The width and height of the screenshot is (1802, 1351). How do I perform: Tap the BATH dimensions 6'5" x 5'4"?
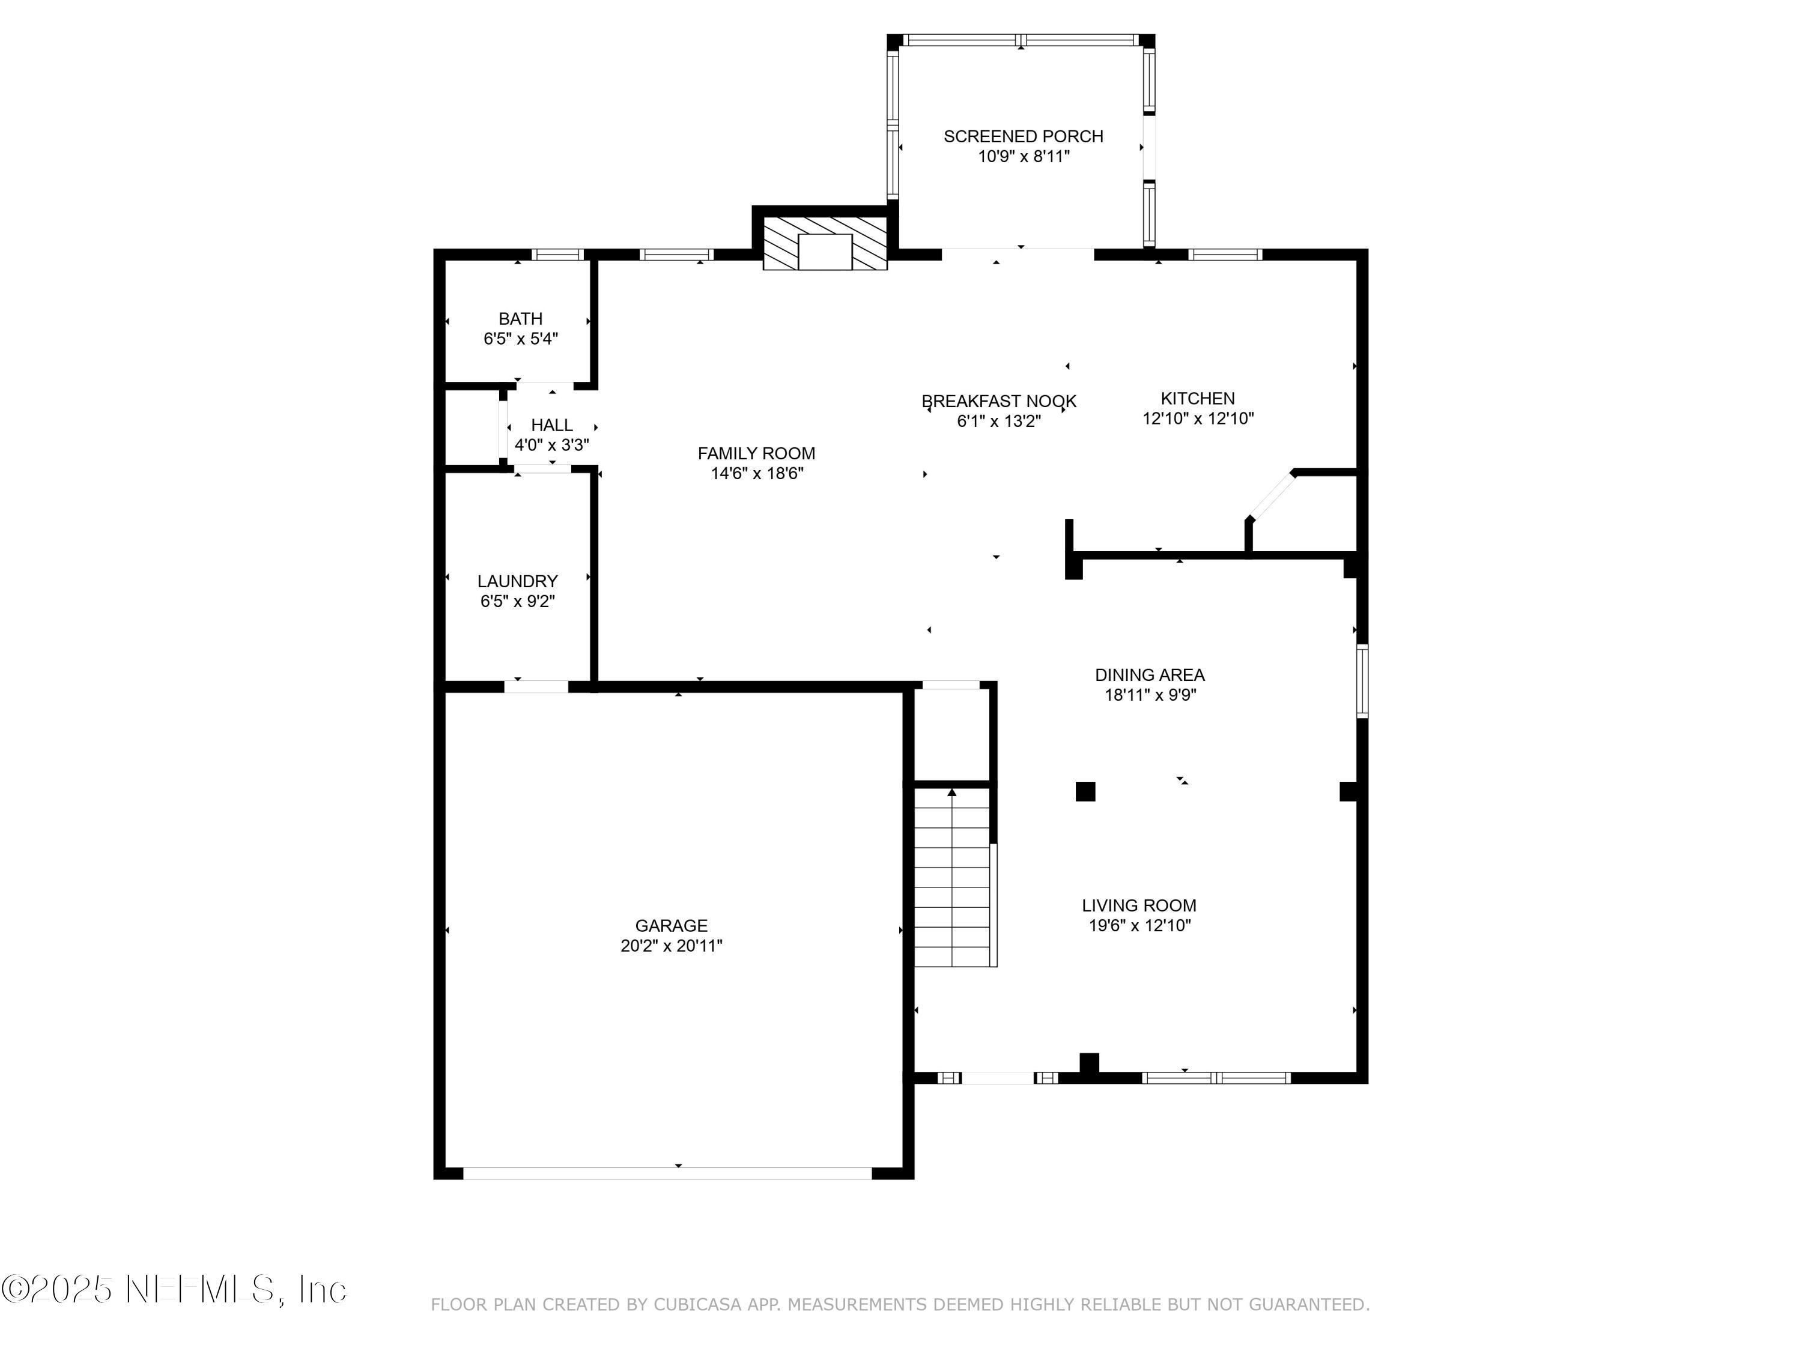click(x=521, y=339)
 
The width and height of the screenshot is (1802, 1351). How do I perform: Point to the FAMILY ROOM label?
click(x=756, y=453)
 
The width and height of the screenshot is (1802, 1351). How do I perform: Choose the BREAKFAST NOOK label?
click(x=999, y=402)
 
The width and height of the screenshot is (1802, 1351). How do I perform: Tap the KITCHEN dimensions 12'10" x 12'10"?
click(x=1198, y=419)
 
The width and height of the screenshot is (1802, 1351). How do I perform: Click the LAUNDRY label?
click(x=517, y=581)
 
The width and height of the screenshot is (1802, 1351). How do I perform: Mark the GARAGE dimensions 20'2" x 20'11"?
click(x=672, y=946)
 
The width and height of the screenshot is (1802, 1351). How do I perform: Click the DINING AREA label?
click(x=1150, y=675)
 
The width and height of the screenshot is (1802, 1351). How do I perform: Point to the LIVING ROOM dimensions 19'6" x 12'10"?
click(x=1139, y=925)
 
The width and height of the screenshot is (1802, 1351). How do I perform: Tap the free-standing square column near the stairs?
click(x=1085, y=791)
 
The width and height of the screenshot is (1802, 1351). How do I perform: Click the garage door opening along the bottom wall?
click(x=667, y=1173)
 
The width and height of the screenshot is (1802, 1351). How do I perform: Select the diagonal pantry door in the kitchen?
click(x=1271, y=495)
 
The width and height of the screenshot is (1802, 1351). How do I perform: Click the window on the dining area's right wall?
click(x=1362, y=682)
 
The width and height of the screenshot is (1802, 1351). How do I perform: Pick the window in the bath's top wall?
click(x=558, y=254)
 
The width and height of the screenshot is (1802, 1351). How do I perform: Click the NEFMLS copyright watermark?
click(x=174, y=1289)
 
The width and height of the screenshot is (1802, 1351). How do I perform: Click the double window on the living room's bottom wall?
click(x=1216, y=1077)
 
